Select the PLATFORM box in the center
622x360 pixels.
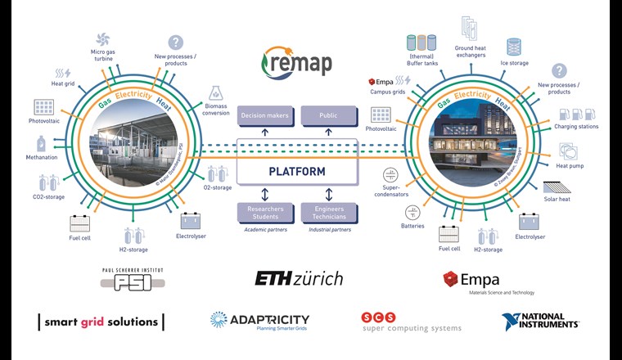point(299,172)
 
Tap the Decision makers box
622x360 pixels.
point(264,116)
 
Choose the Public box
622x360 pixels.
point(328,116)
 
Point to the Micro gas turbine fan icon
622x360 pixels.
point(104,40)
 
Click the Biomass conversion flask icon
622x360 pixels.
point(217,93)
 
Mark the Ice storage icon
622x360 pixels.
point(514,46)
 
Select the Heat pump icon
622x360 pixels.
point(570,151)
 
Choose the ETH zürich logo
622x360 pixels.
point(299,278)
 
